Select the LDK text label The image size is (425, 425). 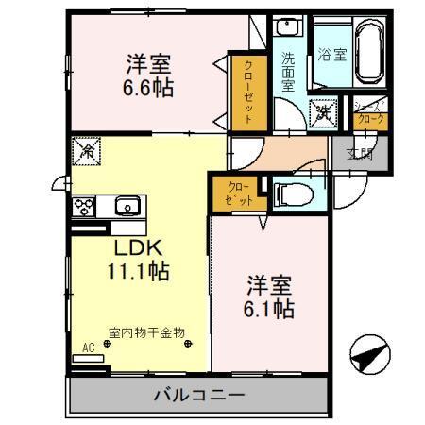point(140,248)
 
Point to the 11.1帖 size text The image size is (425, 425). point(138,271)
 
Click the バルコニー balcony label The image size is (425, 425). point(199,395)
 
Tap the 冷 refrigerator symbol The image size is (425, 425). point(86,149)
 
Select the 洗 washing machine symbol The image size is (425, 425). point(322,112)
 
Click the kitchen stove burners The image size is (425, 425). point(81,206)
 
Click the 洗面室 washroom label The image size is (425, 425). point(289,71)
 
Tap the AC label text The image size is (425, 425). point(88,348)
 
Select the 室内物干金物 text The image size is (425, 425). point(146,332)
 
